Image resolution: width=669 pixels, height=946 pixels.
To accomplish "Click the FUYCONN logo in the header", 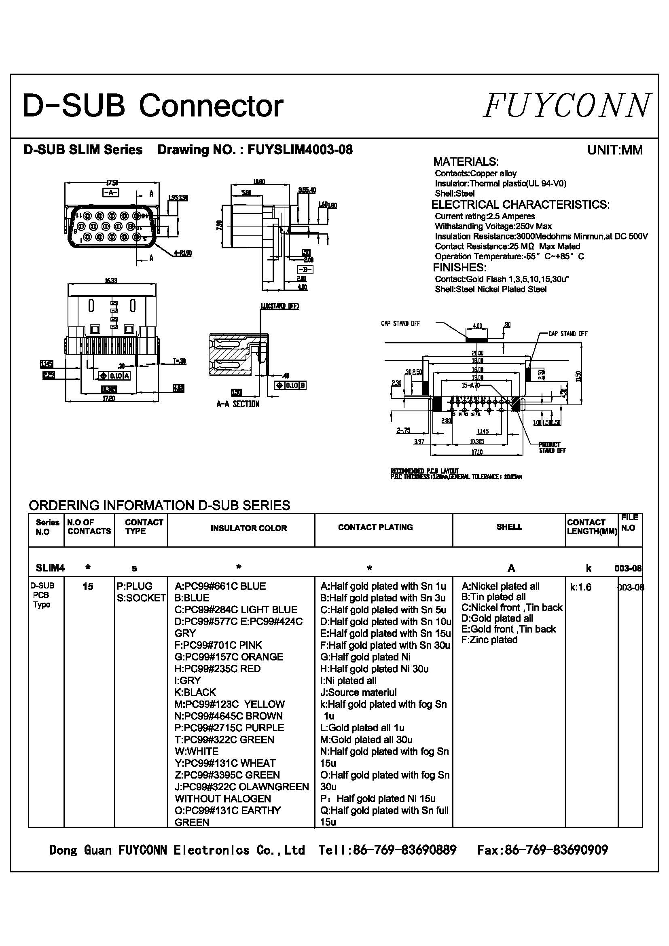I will (x=567, y=106).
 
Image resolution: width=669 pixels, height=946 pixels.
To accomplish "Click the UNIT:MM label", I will (x=615, y=150).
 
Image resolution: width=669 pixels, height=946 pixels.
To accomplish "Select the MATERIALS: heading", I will (x=466, y=161).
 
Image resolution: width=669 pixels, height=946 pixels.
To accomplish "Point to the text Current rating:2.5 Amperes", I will (x=485, y=216).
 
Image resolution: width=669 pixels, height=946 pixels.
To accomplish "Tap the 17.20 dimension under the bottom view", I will (x=109, y=398).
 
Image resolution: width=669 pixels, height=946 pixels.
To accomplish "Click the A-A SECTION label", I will (x=238, y=404).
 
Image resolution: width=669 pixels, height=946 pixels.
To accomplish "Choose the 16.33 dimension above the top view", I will (x=111, y=281).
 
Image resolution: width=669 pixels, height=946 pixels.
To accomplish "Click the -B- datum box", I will (x=305, y=270).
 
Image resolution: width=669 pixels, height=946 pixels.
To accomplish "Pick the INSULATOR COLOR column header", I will (x=248, y=528).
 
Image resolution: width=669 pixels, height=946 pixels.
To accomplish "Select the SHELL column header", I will (x=509, y=527).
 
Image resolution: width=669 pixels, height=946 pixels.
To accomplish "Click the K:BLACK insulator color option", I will (x=195, y=692).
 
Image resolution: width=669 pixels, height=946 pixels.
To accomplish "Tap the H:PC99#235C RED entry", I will (x=218, y=669).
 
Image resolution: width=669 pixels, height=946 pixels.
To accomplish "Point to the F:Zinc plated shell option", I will (x=489, y=640).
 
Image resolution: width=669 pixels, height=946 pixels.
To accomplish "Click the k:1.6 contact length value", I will (x=580, y=587).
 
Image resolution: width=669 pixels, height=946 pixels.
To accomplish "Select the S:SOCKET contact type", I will (x=141, y=598).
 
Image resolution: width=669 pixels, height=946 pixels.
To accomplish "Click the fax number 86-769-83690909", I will (x=542, y=850).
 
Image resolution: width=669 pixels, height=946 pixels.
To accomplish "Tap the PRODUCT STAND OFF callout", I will (x=552, y=448).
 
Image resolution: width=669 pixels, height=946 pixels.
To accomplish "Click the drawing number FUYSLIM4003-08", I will (x=300, y=150).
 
